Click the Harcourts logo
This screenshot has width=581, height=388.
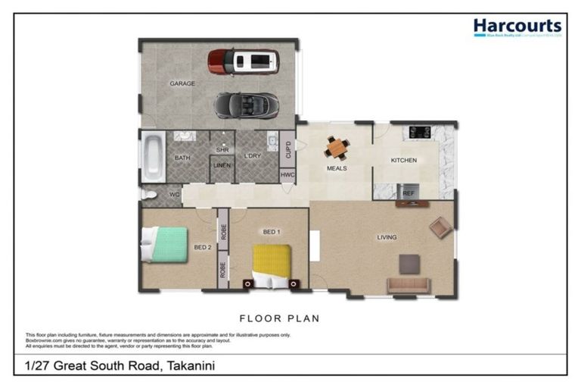tap(517, 29)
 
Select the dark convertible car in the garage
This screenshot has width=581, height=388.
tap(246, 105)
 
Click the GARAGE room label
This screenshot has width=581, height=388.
tap(182, 84)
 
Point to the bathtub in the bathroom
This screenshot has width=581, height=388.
tap(152, 157)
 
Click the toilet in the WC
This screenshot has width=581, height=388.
tap(149, 195)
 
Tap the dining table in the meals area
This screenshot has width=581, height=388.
tap(336, 147)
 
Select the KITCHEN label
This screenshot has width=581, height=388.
tap(403, 161)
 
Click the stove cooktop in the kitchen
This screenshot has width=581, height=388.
tap(421, 132)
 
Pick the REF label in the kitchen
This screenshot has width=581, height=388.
tap(409, 194)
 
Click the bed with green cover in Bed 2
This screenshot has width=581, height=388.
tap(166, 244)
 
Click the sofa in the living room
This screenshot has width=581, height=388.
tap(409, 285)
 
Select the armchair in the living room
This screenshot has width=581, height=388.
tap(440, 227)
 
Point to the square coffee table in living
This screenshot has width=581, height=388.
tap(409, 263)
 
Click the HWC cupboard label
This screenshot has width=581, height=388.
tap(287, 174)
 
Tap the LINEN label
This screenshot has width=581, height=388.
tap(222, 165)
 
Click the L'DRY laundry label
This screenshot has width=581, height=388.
tap(252, 157)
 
